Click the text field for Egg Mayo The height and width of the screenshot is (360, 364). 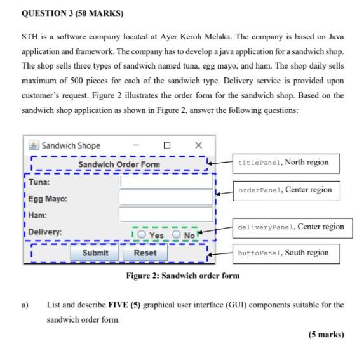pos(166,198)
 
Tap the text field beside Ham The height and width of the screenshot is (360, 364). pos(166,215)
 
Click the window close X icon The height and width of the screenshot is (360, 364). pos(198,145)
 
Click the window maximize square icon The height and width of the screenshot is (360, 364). pos(167,145)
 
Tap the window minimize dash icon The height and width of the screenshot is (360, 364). pos(136,145)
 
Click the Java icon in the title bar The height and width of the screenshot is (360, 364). pos(34,145)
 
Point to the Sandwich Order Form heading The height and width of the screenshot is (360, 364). pos(119,164)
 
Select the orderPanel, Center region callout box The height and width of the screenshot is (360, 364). pos(284,189)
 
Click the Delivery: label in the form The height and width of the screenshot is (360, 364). pos(44,232)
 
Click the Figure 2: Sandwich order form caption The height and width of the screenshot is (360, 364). pos(182,276)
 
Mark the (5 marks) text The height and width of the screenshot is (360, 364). pos(327,335)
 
